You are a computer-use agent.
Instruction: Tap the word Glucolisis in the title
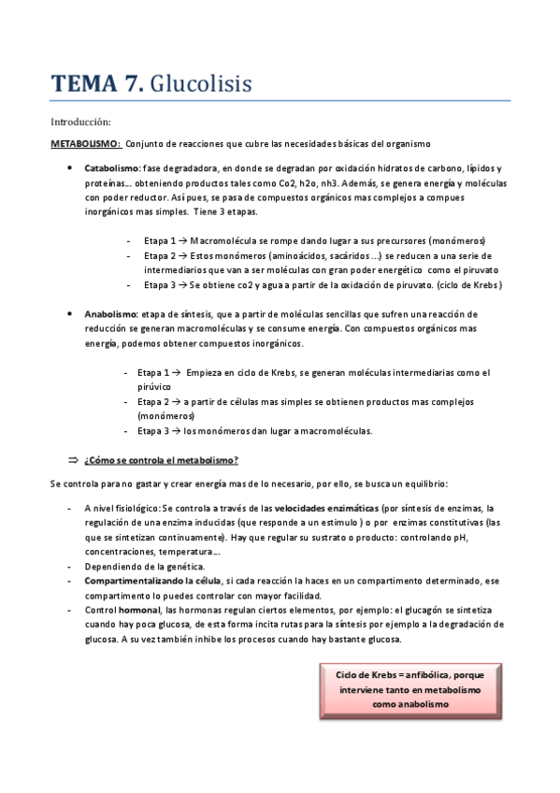pos(200,84)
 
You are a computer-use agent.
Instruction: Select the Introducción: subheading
pos(80,122)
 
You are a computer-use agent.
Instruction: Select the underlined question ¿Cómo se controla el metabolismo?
pos(161,460)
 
